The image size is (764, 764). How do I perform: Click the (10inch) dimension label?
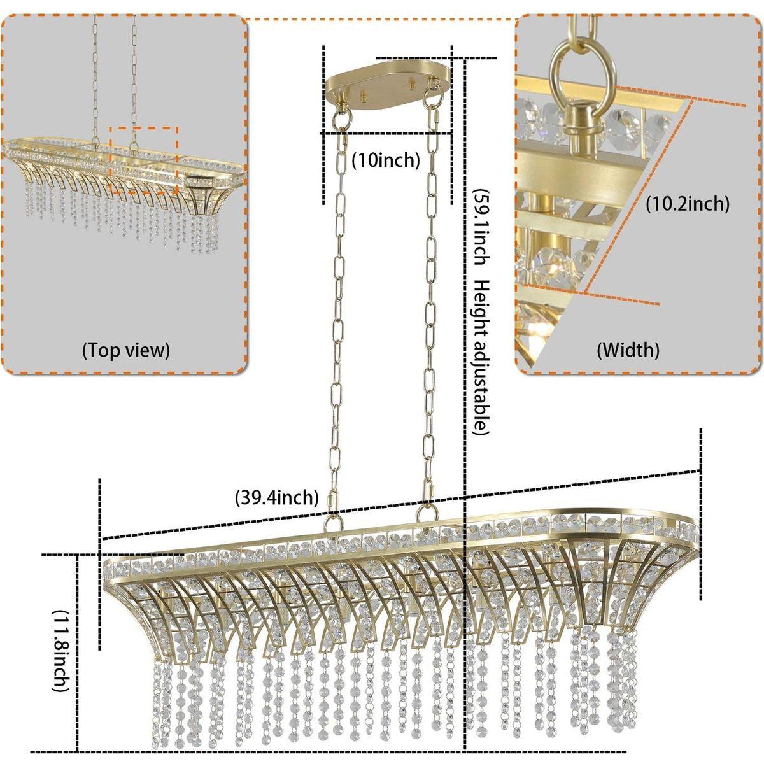(386, 160)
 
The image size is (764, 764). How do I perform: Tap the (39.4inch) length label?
(276, 496)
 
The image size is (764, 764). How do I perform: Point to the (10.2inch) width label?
(687, 204)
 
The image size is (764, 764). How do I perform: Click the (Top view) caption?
(125, 350)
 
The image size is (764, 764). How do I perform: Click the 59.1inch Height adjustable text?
(482, 312)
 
